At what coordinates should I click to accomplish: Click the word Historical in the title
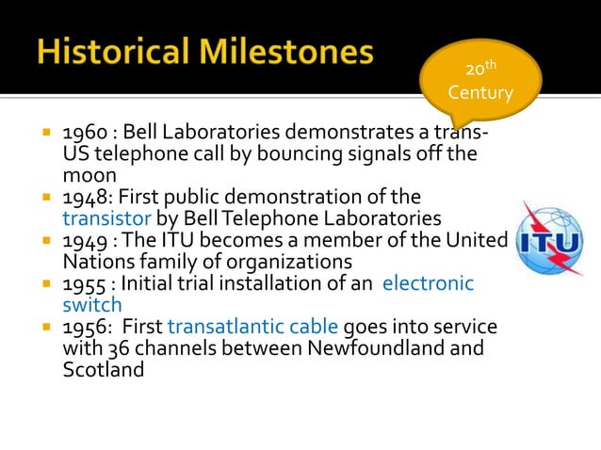[x=121, y=52]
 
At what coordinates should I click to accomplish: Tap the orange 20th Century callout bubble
[x=480, y=82]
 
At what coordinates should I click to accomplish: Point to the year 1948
[x=82, y=197]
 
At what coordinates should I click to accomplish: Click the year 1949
[x=82, y=239]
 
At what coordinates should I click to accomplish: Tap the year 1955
[x=82, y=283]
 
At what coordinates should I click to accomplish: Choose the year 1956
[x=82, y=327]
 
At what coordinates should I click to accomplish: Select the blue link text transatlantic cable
[x=252, y=327]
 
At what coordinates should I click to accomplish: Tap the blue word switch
[x=91, y=304]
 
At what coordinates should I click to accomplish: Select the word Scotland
[x=103, y=370]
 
